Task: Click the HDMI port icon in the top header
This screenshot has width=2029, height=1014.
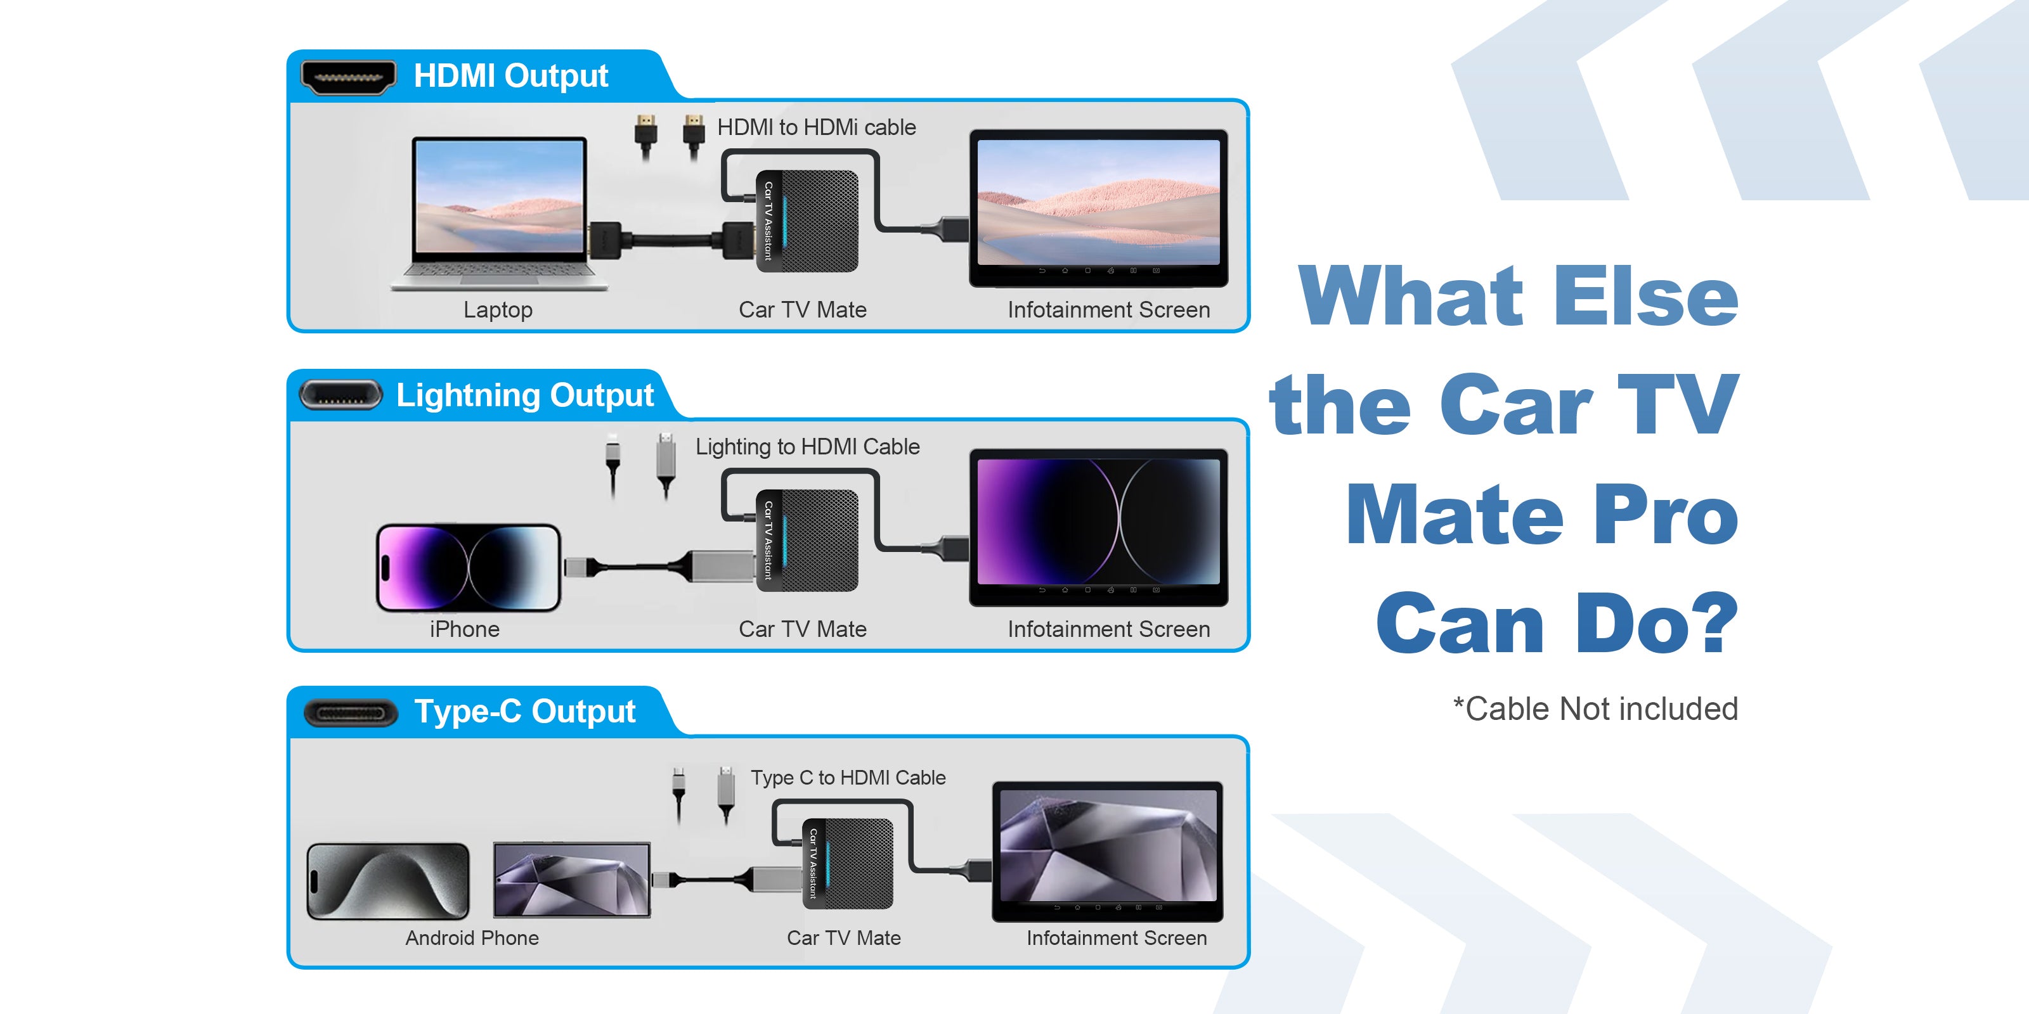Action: pos(349,77)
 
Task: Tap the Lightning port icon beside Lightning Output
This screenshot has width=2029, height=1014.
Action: pos(341,395)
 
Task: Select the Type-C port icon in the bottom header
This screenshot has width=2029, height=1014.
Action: pos(351,712)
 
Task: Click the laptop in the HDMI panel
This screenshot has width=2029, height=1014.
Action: pos(500,214)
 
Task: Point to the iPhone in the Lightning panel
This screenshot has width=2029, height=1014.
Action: pos(469,568)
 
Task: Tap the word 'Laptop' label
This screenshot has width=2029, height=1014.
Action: pos(498,310)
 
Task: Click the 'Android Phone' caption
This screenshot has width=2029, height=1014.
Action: pos(472,938)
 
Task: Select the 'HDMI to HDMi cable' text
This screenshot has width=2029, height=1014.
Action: pos(816,127)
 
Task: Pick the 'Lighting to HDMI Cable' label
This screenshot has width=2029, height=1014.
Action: pos(807,447)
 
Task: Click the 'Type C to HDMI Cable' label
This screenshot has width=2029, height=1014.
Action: pos(848,778)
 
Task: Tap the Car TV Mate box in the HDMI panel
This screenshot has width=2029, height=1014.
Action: pos(807,221)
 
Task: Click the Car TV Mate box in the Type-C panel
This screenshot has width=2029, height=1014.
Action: pos(848,864)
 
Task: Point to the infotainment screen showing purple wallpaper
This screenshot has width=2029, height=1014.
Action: pos(1098,527)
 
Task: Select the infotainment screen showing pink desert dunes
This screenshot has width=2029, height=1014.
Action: pos(1098,208)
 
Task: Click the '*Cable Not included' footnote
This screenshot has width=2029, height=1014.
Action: pos(1595,709)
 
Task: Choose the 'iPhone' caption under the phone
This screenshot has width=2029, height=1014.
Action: pos(465,630)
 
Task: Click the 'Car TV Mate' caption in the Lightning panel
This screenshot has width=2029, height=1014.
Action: pos(803,630)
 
